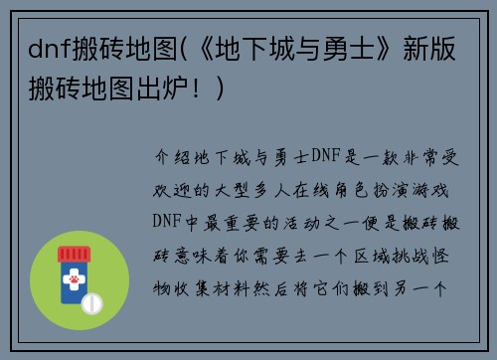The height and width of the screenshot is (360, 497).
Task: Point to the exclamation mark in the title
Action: click(x=218, y=89)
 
